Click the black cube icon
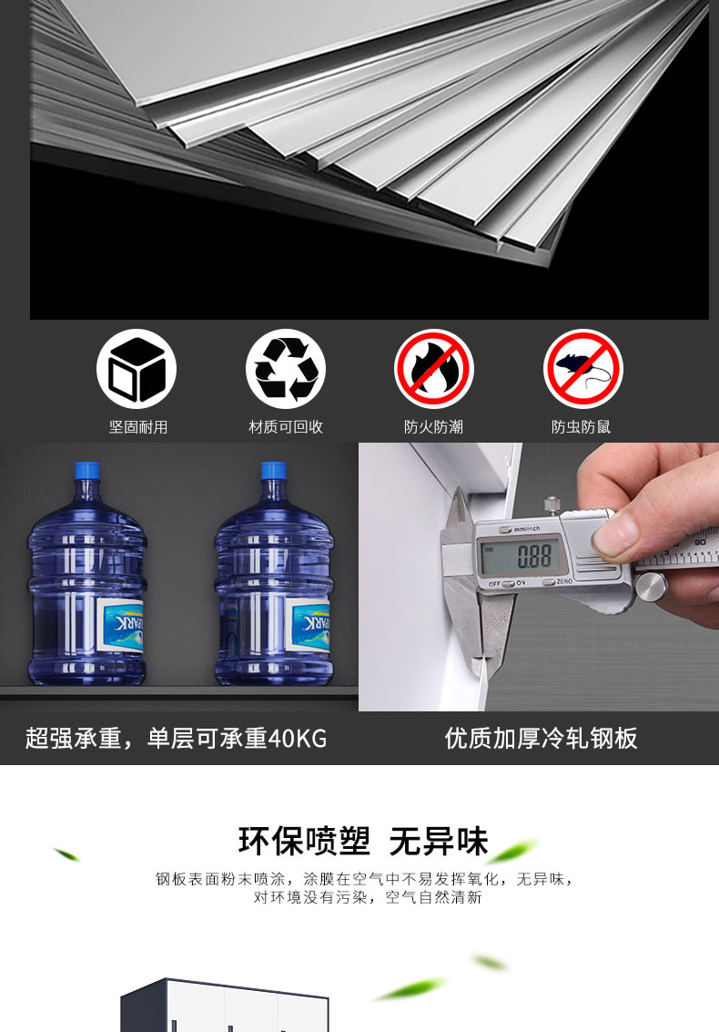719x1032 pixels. pyautogui.click(x=137, y=369)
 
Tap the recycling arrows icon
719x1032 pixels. pyautogui.click(x=286, y=369)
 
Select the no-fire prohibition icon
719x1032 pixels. pyautogui.click(x=434, y=369)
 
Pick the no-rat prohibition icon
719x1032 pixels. pyautogui.click(x=582, y=369)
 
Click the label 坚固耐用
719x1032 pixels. pyautogui.click(x=138, y=427)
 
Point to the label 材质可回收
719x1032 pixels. pyautogui.click(x=286, y=427)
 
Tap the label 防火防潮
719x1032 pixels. pyautogui.click(x=433, y=427)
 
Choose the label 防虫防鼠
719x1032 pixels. pyautogui.click(x=581, y=427)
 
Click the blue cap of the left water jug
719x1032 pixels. pyautogui.click(x=86, y=471)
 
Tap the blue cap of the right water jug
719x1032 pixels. pyautogui.click(x=274, y=471)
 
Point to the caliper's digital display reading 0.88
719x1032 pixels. pyautogui.click(x=523, y=557)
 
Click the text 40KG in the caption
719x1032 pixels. pyautogui.click(x=298, y=739)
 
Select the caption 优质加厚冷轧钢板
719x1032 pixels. pyautogui.click(x=541, y=739)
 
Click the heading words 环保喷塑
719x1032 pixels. pyautogui.click(x=304, y=842)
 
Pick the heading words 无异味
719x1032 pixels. pyautogui.click(x=438, y=842)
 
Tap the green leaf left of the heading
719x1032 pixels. pyautogui.click(x=66, y=854)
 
